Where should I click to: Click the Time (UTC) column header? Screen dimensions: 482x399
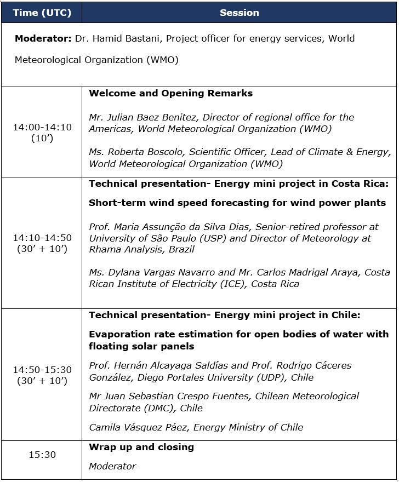click(42, 13)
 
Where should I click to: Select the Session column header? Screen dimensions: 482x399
click(240, 13)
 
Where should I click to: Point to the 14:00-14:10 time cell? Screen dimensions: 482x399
click(42, 127)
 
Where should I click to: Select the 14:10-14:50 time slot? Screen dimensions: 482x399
click(42, 238)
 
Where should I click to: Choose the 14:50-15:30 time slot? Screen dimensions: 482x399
click(42, 370)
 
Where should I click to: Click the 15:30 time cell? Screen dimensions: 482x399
click(42, 455)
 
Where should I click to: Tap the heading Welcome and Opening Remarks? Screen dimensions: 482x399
click(170, 93)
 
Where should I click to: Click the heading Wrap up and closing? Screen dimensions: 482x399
click(141, 447)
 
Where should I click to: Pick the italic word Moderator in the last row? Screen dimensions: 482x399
click(112, 466)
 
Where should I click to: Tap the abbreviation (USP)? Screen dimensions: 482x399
click(216, 238)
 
